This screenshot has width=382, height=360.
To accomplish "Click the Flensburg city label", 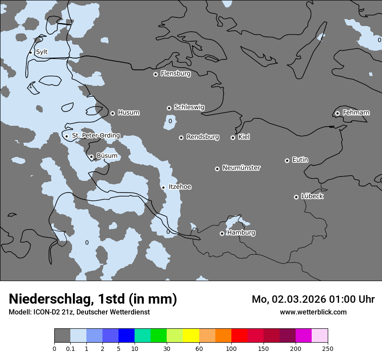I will [175, 74].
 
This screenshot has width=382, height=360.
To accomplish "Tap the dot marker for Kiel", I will [233, 137].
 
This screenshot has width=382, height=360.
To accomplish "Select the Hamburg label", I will [241, 233].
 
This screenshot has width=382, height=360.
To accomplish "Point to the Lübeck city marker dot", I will [296, 197].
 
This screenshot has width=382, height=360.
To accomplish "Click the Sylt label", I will [42, 52].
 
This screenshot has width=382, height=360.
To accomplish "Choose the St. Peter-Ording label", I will [95, 136].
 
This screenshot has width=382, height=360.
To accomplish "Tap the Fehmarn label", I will [356, 113].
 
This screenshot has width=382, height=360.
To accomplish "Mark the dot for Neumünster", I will [217, 169].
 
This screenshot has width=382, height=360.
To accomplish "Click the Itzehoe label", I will [180, 187].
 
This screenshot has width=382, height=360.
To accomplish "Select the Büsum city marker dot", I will [91, 157].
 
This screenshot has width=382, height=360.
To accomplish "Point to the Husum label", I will [128, 113].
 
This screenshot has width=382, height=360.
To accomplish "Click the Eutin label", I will [300, 160].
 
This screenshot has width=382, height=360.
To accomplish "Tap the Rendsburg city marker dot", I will [181, 137].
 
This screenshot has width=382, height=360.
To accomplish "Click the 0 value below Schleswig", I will [170, 121].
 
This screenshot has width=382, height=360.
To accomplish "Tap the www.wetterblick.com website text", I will [313, 312].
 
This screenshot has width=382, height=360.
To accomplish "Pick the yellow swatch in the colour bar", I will [191, 336].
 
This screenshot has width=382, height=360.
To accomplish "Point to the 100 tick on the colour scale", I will [231, 348].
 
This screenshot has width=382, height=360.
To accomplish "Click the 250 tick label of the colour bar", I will [328, 348].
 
